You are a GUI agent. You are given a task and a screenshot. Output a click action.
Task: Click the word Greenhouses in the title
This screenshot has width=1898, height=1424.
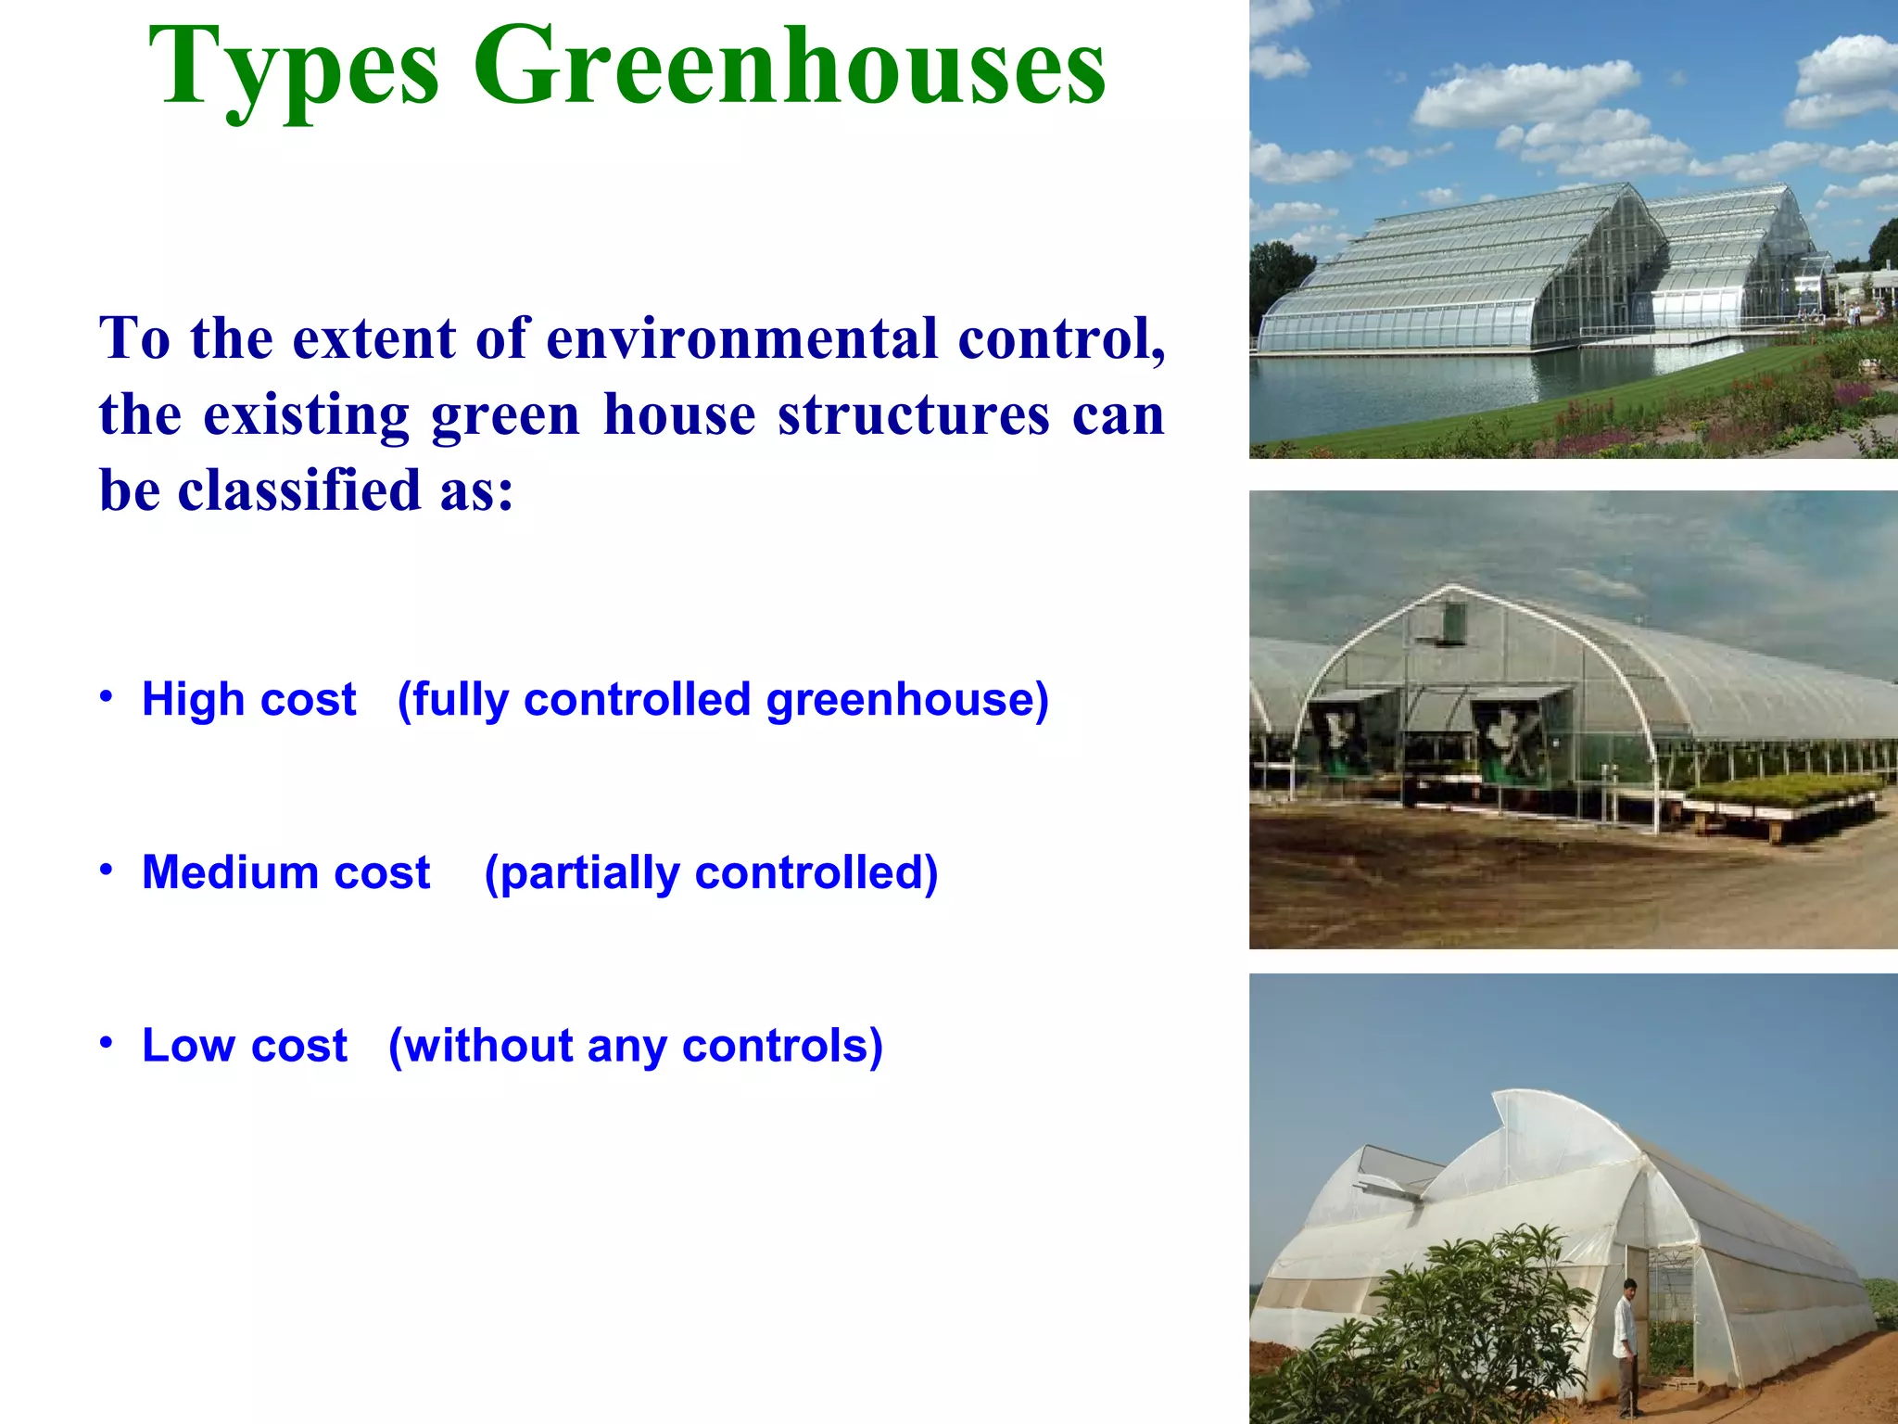(790, 67)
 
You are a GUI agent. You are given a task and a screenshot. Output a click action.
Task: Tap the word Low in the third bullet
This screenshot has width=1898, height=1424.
(187, 1046)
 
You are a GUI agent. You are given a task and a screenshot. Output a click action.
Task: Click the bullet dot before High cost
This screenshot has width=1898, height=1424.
(107, 695)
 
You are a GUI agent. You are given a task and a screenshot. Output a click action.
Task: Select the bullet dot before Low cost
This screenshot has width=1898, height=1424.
(107, 1042)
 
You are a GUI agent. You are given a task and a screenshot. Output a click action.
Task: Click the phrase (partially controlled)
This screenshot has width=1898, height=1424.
(711, 873)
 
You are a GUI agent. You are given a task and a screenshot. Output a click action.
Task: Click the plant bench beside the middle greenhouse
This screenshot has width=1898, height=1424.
(1779, 797)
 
